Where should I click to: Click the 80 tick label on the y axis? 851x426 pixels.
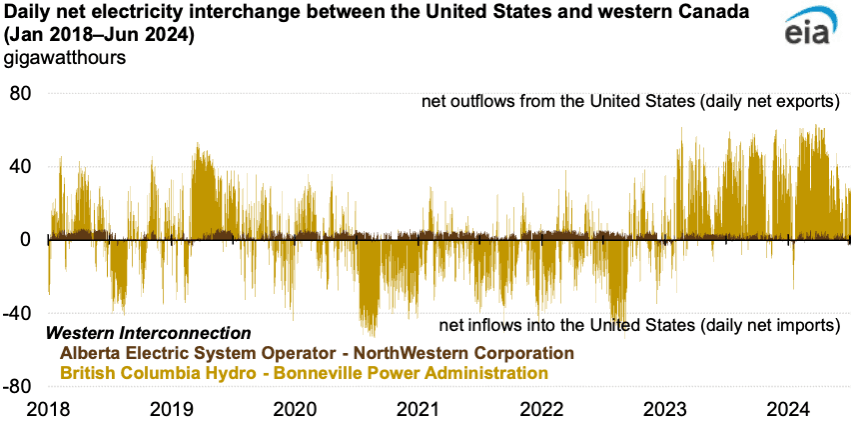tap(22, 93)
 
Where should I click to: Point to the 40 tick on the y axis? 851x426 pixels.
tap(22, 166)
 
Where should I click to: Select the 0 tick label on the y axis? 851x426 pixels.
tap(28, 240)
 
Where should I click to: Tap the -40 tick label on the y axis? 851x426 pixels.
tap(19, 313)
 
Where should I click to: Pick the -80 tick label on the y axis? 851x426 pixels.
tap(19, 386)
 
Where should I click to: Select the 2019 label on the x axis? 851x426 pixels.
tap(171, 409)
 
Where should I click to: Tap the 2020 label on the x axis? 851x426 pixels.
tap(295, 409)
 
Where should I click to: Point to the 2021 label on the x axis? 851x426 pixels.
tap(419, 409)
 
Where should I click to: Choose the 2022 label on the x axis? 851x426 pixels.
tap(542, 409)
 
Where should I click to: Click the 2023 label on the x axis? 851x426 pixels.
tap(666, 409)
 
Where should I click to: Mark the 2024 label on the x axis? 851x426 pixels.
tap(790, 409)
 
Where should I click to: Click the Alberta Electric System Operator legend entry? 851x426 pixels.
tap(317, 353)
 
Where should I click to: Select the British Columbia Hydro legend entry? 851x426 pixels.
tap(304, 372)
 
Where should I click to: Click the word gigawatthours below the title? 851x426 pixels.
tap(65, 57)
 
